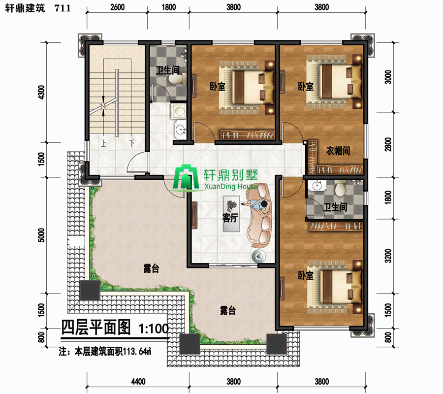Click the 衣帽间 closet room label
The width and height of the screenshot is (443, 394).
tap(338, 150)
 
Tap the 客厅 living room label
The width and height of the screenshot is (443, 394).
tap(230, 218)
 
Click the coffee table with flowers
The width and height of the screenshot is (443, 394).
tap(231, 214)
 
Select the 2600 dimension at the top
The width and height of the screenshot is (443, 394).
tap(117, 7)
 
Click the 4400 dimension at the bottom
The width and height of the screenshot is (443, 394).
tap(138, 382)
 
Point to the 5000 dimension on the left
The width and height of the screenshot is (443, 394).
tap(41, 235)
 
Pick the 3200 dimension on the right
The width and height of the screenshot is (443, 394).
tap(388, 256)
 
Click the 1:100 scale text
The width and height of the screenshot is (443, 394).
tap(154, 328)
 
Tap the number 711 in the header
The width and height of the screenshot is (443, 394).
tap(63, 8)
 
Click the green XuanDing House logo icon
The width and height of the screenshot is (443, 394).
tap(186, 177)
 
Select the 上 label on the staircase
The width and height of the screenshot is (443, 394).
tap(104, 144)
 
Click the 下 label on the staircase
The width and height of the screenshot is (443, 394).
tap(131, 143)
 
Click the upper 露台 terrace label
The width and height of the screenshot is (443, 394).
tap(151, 268)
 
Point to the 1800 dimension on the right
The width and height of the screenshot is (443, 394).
tap(388, 197)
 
